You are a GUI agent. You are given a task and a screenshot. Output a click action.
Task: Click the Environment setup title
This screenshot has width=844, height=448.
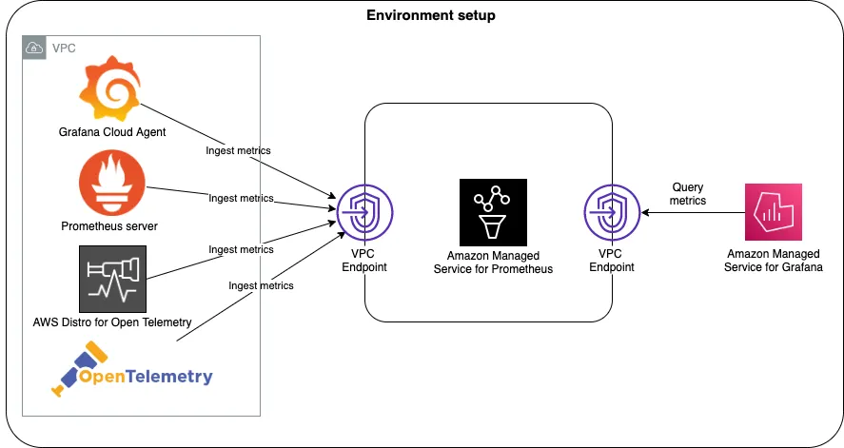click(431, 16)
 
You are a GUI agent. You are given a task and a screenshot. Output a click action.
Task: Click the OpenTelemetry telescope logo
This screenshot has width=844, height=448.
click(76, 372)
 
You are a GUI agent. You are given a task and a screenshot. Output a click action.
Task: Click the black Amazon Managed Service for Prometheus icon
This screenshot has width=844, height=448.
click(492, 210)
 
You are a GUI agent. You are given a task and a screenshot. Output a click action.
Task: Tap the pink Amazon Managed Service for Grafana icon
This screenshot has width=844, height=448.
click(774, 212)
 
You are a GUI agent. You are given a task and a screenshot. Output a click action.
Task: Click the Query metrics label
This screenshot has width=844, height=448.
click(688, 194)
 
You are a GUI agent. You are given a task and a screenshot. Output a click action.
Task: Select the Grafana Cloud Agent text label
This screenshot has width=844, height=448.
click(112, 132)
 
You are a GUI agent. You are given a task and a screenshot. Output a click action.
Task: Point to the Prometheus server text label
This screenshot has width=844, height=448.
click(109, 226)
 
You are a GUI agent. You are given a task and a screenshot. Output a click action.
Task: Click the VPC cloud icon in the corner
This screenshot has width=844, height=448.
click(34, 47)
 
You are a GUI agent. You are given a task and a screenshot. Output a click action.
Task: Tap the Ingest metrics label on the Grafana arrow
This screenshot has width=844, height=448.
click(238, 150)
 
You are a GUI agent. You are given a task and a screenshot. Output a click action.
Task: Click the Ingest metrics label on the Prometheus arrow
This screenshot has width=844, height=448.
click(241, 199)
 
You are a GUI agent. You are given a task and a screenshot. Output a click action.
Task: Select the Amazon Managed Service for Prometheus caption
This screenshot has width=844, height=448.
click(493, 263)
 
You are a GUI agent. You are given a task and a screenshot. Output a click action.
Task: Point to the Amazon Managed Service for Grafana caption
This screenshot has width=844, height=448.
click(775, 262)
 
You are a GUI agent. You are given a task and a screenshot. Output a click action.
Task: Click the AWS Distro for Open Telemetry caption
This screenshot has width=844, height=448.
click(112, 322)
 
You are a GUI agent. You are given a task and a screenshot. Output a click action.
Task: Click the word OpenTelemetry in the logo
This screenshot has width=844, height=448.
click(146, 377)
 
